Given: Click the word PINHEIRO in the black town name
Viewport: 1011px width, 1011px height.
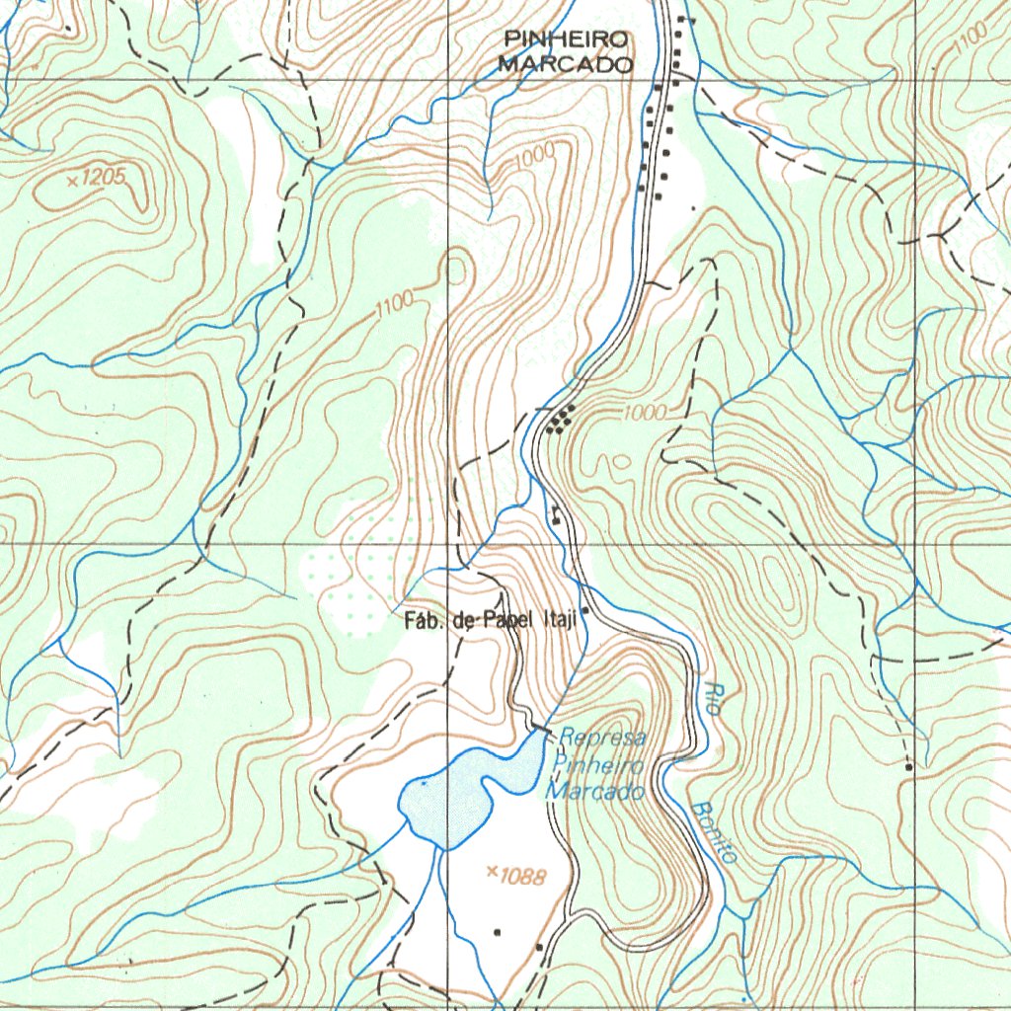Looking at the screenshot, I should click(566, 39).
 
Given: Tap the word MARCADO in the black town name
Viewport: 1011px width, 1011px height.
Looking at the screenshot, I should click(566, 65).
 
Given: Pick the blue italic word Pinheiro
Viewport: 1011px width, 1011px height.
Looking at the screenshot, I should click(597, 765).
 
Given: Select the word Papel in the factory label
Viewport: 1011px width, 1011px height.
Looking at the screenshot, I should click(508, 620).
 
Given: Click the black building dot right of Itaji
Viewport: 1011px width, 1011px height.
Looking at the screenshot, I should click(585, 611).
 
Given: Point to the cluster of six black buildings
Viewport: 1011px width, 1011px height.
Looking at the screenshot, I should click(560, 421).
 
